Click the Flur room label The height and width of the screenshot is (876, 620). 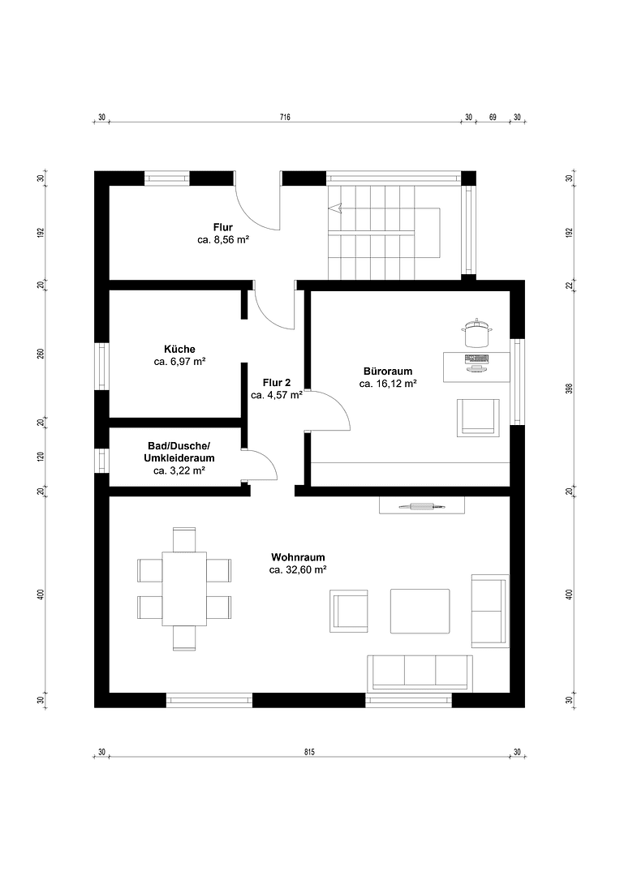(x=223, y=227)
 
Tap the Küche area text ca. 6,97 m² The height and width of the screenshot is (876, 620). (x=179, y=361)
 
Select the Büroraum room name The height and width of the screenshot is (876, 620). (x=388, y=371)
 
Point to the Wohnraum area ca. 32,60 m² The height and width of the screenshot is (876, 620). (x=298, y=570)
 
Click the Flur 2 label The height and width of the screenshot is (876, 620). (x=276, y=382)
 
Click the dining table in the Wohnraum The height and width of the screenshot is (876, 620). (x=184, y=589)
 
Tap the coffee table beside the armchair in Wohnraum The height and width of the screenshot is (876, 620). (x=420, y=611)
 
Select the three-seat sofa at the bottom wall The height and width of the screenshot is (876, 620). (x=419, y=672)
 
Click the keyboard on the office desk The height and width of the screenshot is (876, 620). (x=476, y=358)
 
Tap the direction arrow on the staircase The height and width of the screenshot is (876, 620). (x=334, y=208)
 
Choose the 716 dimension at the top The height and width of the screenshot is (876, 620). (x=285, y=118)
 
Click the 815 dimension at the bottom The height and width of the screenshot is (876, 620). (x=309, y=752)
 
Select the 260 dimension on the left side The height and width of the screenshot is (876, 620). (x=40, y=354)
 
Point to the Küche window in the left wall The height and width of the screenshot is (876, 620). (x=101, y=366)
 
